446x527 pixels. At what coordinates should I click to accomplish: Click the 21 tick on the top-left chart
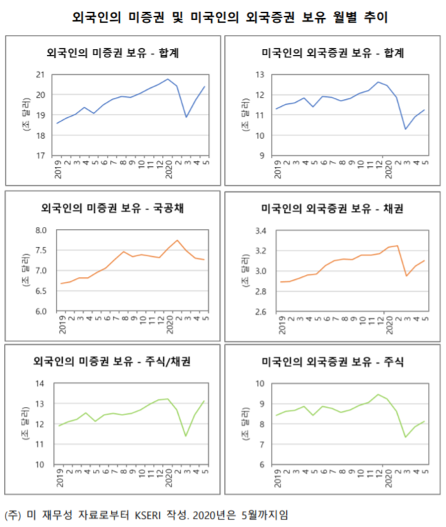point(40,75)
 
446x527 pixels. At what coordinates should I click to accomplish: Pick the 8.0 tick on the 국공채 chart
point(40,230)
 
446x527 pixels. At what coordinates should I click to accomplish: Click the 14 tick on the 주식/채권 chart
point(40,384)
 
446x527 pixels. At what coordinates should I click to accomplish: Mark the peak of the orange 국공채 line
point(178,240)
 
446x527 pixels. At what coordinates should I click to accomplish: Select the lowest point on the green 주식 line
point(406,437)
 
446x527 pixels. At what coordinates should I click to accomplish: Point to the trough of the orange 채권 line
point(406,276)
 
